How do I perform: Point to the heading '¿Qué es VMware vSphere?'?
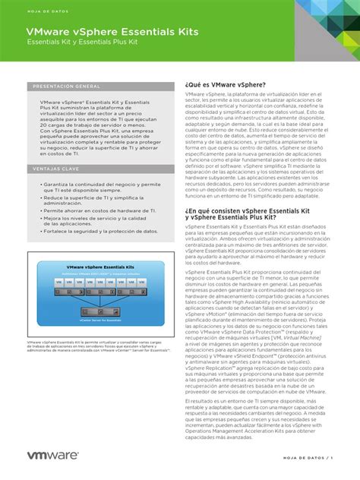(225, 84)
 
